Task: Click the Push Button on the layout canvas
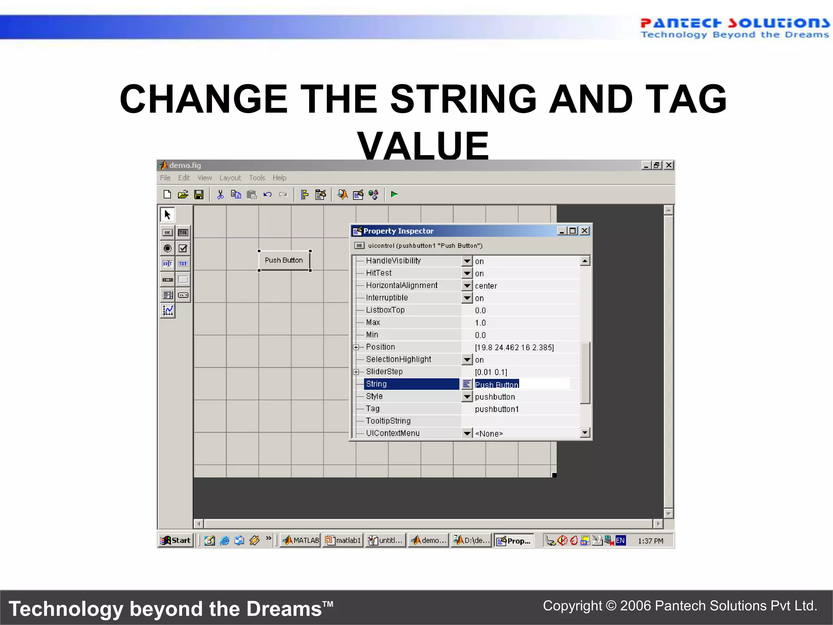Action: pos(284,260)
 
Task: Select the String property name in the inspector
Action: pos(376,384)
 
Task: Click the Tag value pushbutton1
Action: pos(497,409)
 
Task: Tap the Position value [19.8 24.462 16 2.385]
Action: pos(514,347)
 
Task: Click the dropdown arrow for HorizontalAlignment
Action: pos(467,286)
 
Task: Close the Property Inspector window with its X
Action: pos(584,231)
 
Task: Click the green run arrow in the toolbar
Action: pos(394,194)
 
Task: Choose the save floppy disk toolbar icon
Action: pos(199,195)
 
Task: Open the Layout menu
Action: pos(230,178)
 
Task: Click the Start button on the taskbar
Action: pos(176,540)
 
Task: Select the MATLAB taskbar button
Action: pos(301,540)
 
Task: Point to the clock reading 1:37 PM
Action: pos(650,541)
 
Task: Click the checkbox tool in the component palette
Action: pos(183,248)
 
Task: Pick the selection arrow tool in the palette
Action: pos(167,214)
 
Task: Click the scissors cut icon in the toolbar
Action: pos(220,195)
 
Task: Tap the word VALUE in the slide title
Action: pos(423,146)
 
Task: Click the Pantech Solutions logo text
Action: pos(734,24)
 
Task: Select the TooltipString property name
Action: pos(388,421)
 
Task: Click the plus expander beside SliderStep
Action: pos(356,372)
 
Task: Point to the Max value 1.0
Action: pos(480,323)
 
